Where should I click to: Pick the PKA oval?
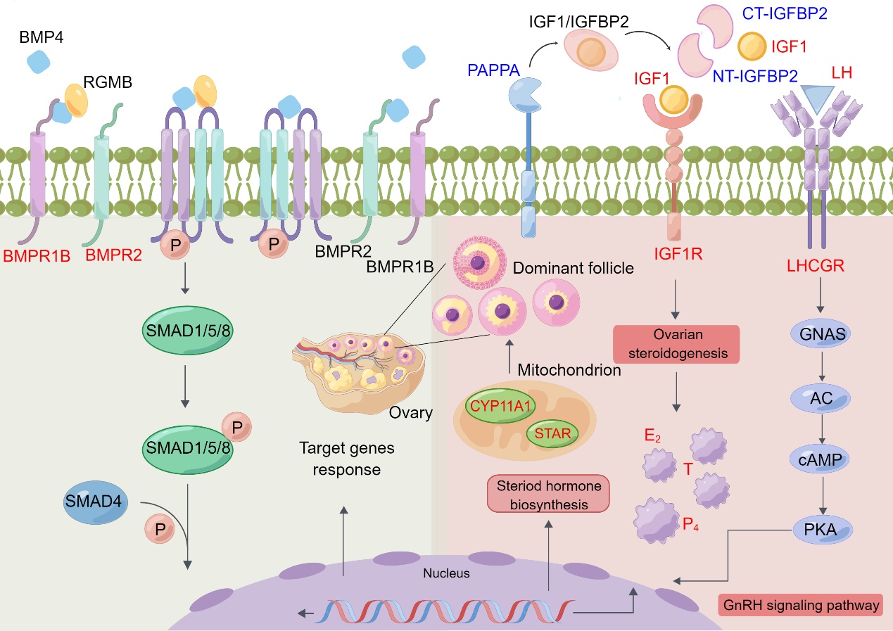[x=821, y=529]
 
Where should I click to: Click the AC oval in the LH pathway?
[x=821, y=399]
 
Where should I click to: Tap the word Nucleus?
[x=446, y=573]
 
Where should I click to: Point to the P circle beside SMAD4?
[x=159, y=528]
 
